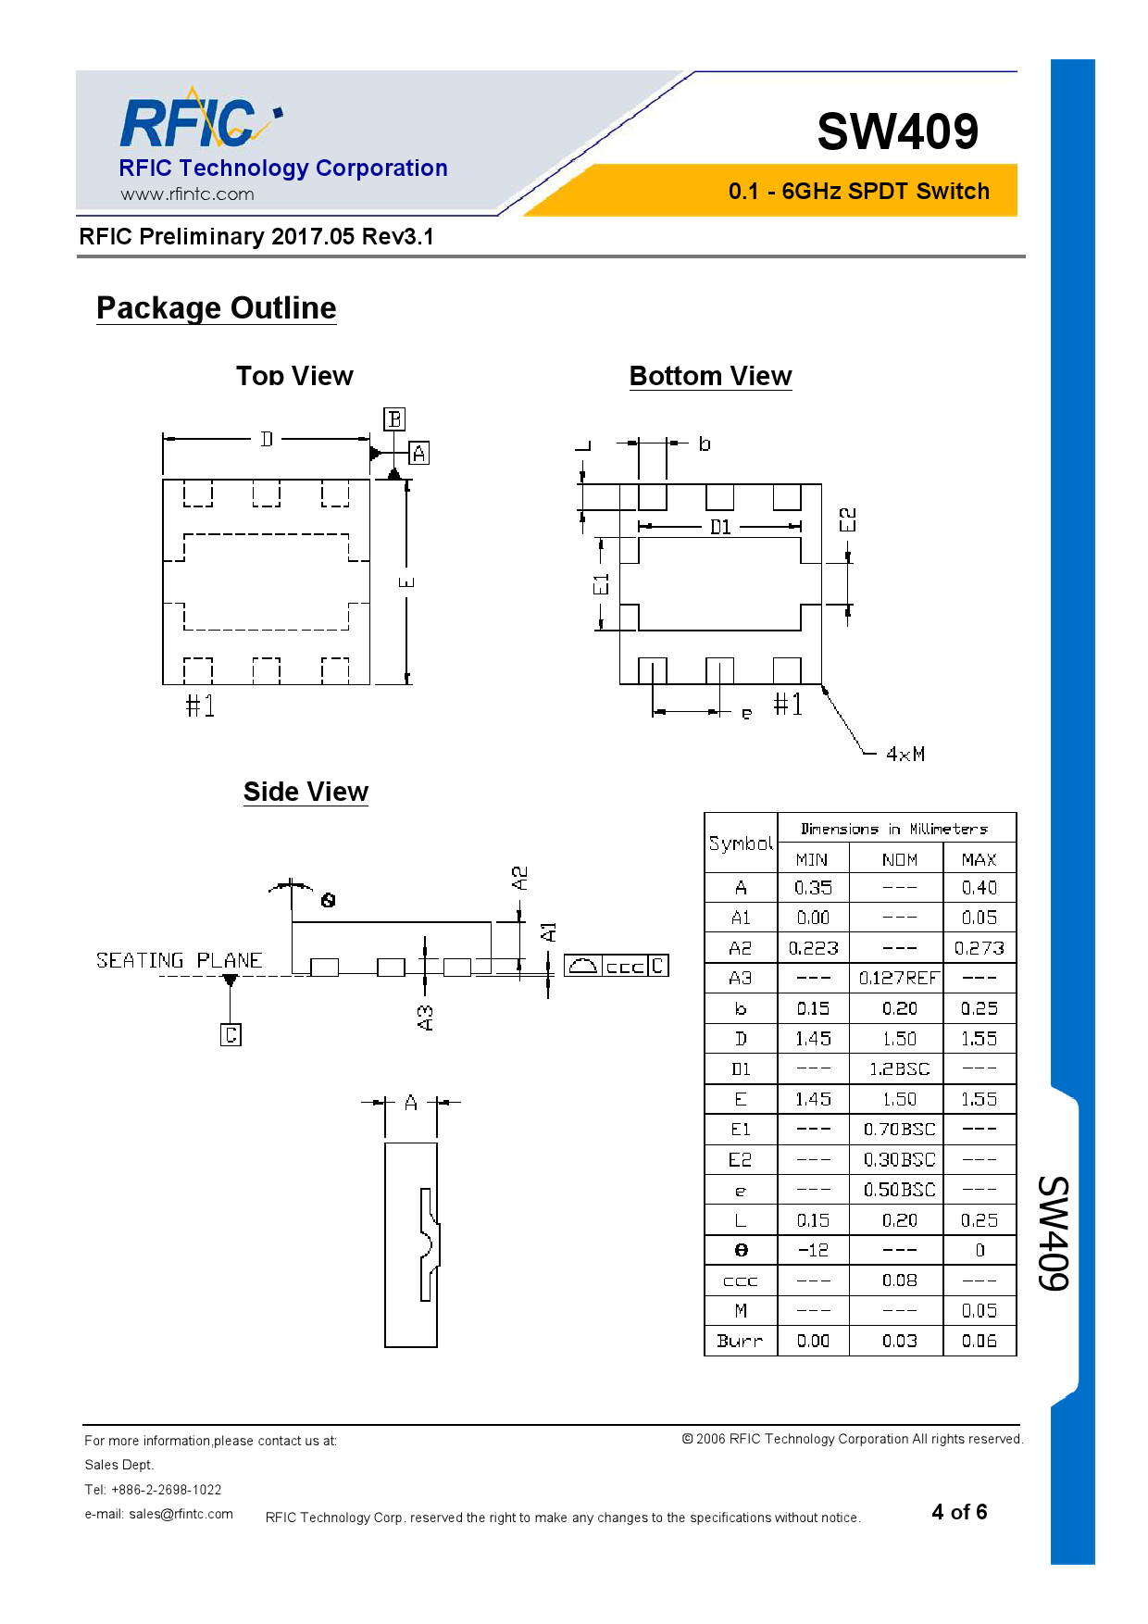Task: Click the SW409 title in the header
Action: [897, 131]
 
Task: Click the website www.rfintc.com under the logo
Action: [187, 194]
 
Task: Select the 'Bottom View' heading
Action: [710, 376]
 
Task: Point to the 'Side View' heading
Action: [306, 792]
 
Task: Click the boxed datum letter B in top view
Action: [394, 419]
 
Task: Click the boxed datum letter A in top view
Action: [418, 454]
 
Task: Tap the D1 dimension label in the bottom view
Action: [720, 527]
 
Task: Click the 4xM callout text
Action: [905, 754]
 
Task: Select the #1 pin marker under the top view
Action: [200, 706]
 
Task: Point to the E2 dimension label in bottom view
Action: [847, 519]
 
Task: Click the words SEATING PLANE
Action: [179, 960]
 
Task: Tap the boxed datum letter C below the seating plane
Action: [231, 1034]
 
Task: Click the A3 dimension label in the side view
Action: [425, 1018]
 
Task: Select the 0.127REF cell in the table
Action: [897, 978]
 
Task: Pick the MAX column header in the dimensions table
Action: [979, 859]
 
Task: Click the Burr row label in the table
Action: [740, 1341]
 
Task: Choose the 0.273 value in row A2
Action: [979, 948]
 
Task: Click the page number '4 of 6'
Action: [959, 1512]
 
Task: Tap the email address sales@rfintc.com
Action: [181, 1514]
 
